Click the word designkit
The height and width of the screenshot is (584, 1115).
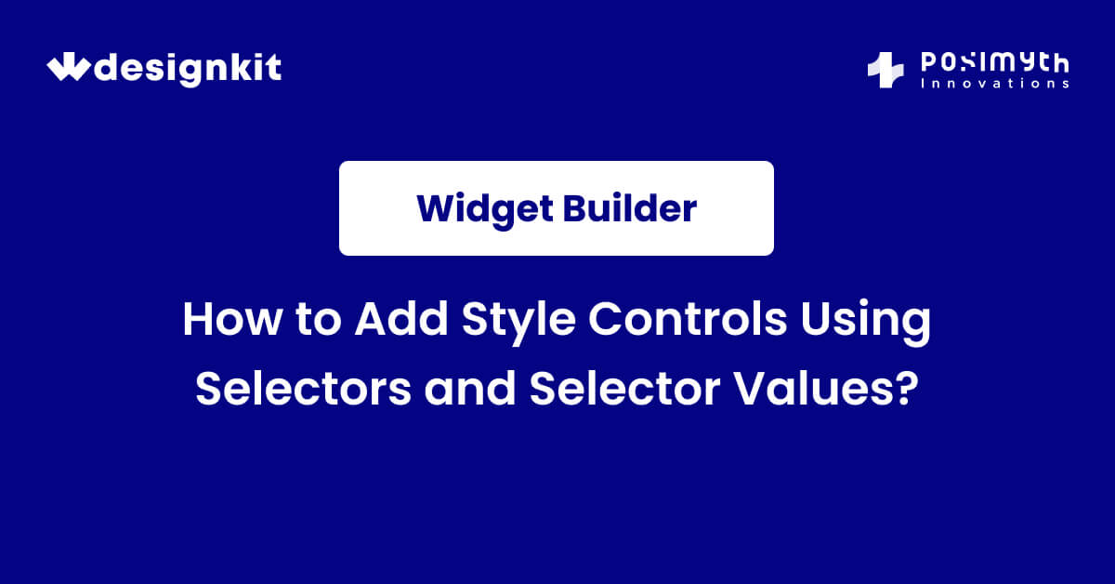pos(189,69)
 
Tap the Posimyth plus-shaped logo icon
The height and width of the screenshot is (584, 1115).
pos(885,71)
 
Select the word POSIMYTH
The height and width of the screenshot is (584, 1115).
pos(993,63)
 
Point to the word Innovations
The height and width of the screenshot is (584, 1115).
pos(993,84)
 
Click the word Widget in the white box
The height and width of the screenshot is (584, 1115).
pos(484,208)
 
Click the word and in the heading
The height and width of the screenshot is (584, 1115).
pos(470,387)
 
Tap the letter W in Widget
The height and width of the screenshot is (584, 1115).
pos(435,208)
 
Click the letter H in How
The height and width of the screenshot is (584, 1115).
pos(196,322)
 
